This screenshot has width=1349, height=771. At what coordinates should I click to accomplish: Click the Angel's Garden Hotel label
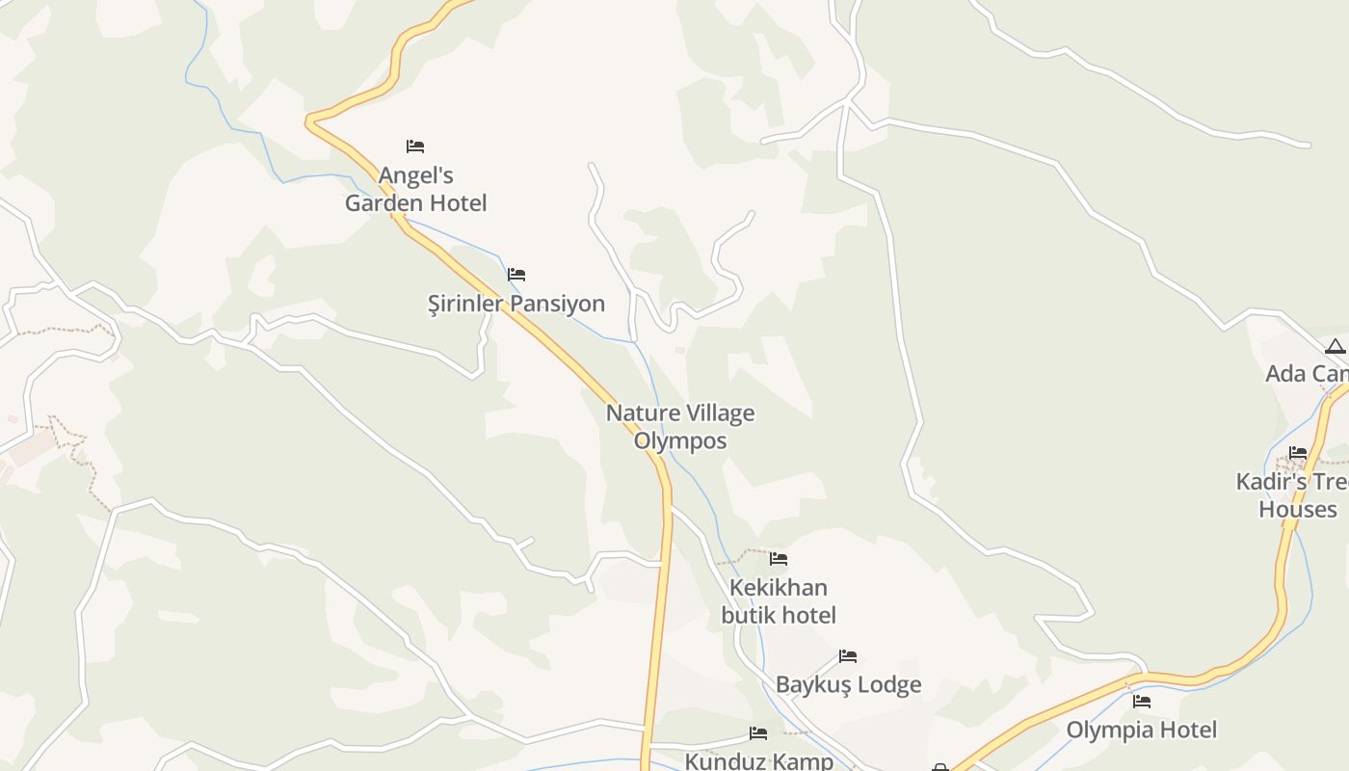point(416,190)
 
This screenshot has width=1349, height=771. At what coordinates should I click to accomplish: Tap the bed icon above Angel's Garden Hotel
point(415,146)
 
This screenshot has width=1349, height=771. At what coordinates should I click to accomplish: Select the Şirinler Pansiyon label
point(516,304)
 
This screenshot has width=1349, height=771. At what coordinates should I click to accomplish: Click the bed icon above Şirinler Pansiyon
point(516,275)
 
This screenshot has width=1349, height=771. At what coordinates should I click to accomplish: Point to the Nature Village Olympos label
point(680,427)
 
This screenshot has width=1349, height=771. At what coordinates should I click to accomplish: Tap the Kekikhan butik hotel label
point(779,601)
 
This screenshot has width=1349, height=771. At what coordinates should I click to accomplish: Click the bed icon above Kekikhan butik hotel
point(779,559)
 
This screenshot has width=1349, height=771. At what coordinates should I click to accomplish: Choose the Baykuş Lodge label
point(849,685)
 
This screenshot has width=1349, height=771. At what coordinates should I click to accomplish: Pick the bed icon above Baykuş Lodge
point(848,656)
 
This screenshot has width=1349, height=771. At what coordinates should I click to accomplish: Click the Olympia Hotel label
point(1142,731)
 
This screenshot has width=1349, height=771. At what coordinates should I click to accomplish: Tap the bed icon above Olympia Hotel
point(1142,702)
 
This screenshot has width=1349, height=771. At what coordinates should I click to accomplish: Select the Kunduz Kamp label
point(759,761)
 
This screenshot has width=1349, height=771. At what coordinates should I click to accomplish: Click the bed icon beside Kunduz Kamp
point(758,733)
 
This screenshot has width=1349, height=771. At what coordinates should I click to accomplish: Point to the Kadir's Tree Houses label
point(1296,495)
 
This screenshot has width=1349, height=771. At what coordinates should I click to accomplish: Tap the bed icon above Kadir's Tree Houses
point(1298,453)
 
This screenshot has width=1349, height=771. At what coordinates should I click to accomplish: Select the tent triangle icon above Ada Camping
point(1335,347)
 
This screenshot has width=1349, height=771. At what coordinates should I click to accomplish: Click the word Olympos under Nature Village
point(680,441)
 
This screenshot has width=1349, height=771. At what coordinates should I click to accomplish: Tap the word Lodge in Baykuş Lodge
point(889,685)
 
